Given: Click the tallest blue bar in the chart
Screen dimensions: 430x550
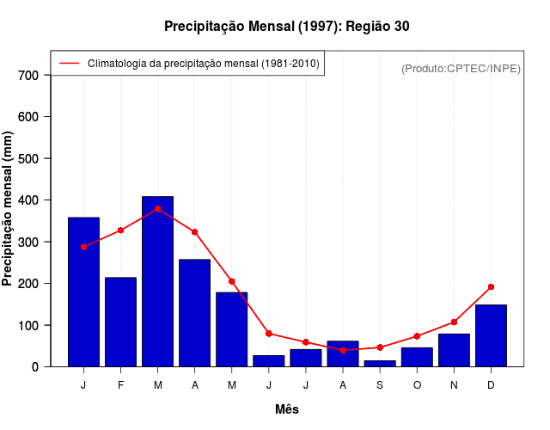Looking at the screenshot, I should (157, 281).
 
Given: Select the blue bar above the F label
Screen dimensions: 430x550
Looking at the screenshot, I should (120, 322).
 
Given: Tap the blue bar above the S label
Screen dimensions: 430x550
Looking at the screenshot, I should (380, 364).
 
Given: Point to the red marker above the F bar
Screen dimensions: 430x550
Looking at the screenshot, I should (120, 230).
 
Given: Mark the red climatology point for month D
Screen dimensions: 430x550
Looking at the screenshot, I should (491, 286).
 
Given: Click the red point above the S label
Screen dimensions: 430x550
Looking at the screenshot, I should (380, 347).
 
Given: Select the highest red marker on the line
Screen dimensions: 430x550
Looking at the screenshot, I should (157, 209).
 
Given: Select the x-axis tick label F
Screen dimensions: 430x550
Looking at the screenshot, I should (120, 385).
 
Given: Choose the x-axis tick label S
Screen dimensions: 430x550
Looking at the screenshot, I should (380, 385).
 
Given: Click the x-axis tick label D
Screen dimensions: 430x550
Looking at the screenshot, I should (491, 385).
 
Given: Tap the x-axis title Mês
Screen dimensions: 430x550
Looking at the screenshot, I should (287, 409).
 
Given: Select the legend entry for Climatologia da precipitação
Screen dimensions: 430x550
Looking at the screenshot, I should (203, 64).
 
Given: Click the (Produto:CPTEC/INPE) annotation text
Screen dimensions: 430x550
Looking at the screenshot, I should (461, 68).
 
